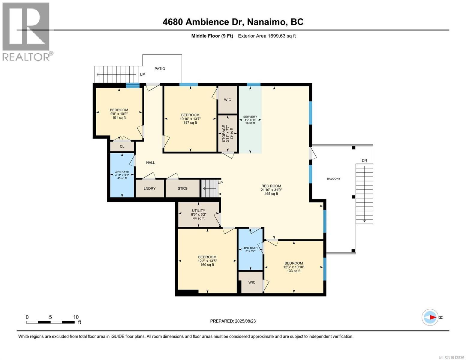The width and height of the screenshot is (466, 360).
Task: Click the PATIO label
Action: tap(160, 69)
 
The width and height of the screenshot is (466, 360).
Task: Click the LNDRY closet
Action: tap(150, 188)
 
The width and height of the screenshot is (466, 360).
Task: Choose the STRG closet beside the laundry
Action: tap(182, 188)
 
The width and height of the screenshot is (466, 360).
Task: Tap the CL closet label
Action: tap(122, 146)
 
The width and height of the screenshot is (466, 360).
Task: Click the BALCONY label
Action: tap(333, 178)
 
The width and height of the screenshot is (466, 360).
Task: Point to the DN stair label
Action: tap(364, 160)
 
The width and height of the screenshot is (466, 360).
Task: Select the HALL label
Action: tap(151, 163)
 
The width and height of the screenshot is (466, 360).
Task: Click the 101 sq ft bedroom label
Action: tap(119, 114)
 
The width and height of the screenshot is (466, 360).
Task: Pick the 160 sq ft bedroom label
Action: tap(207, 261)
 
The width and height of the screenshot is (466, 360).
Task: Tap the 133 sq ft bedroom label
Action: tap(293, 267)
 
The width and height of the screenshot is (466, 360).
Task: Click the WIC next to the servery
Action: tap(227, 100)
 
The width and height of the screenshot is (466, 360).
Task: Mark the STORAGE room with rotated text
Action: tap(227, 133)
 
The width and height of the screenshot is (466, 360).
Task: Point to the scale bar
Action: tap(50, 322)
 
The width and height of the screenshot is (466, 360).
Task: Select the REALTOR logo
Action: tap(27, 32)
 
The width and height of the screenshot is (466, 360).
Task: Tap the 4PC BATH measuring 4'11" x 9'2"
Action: tap(122, 175)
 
